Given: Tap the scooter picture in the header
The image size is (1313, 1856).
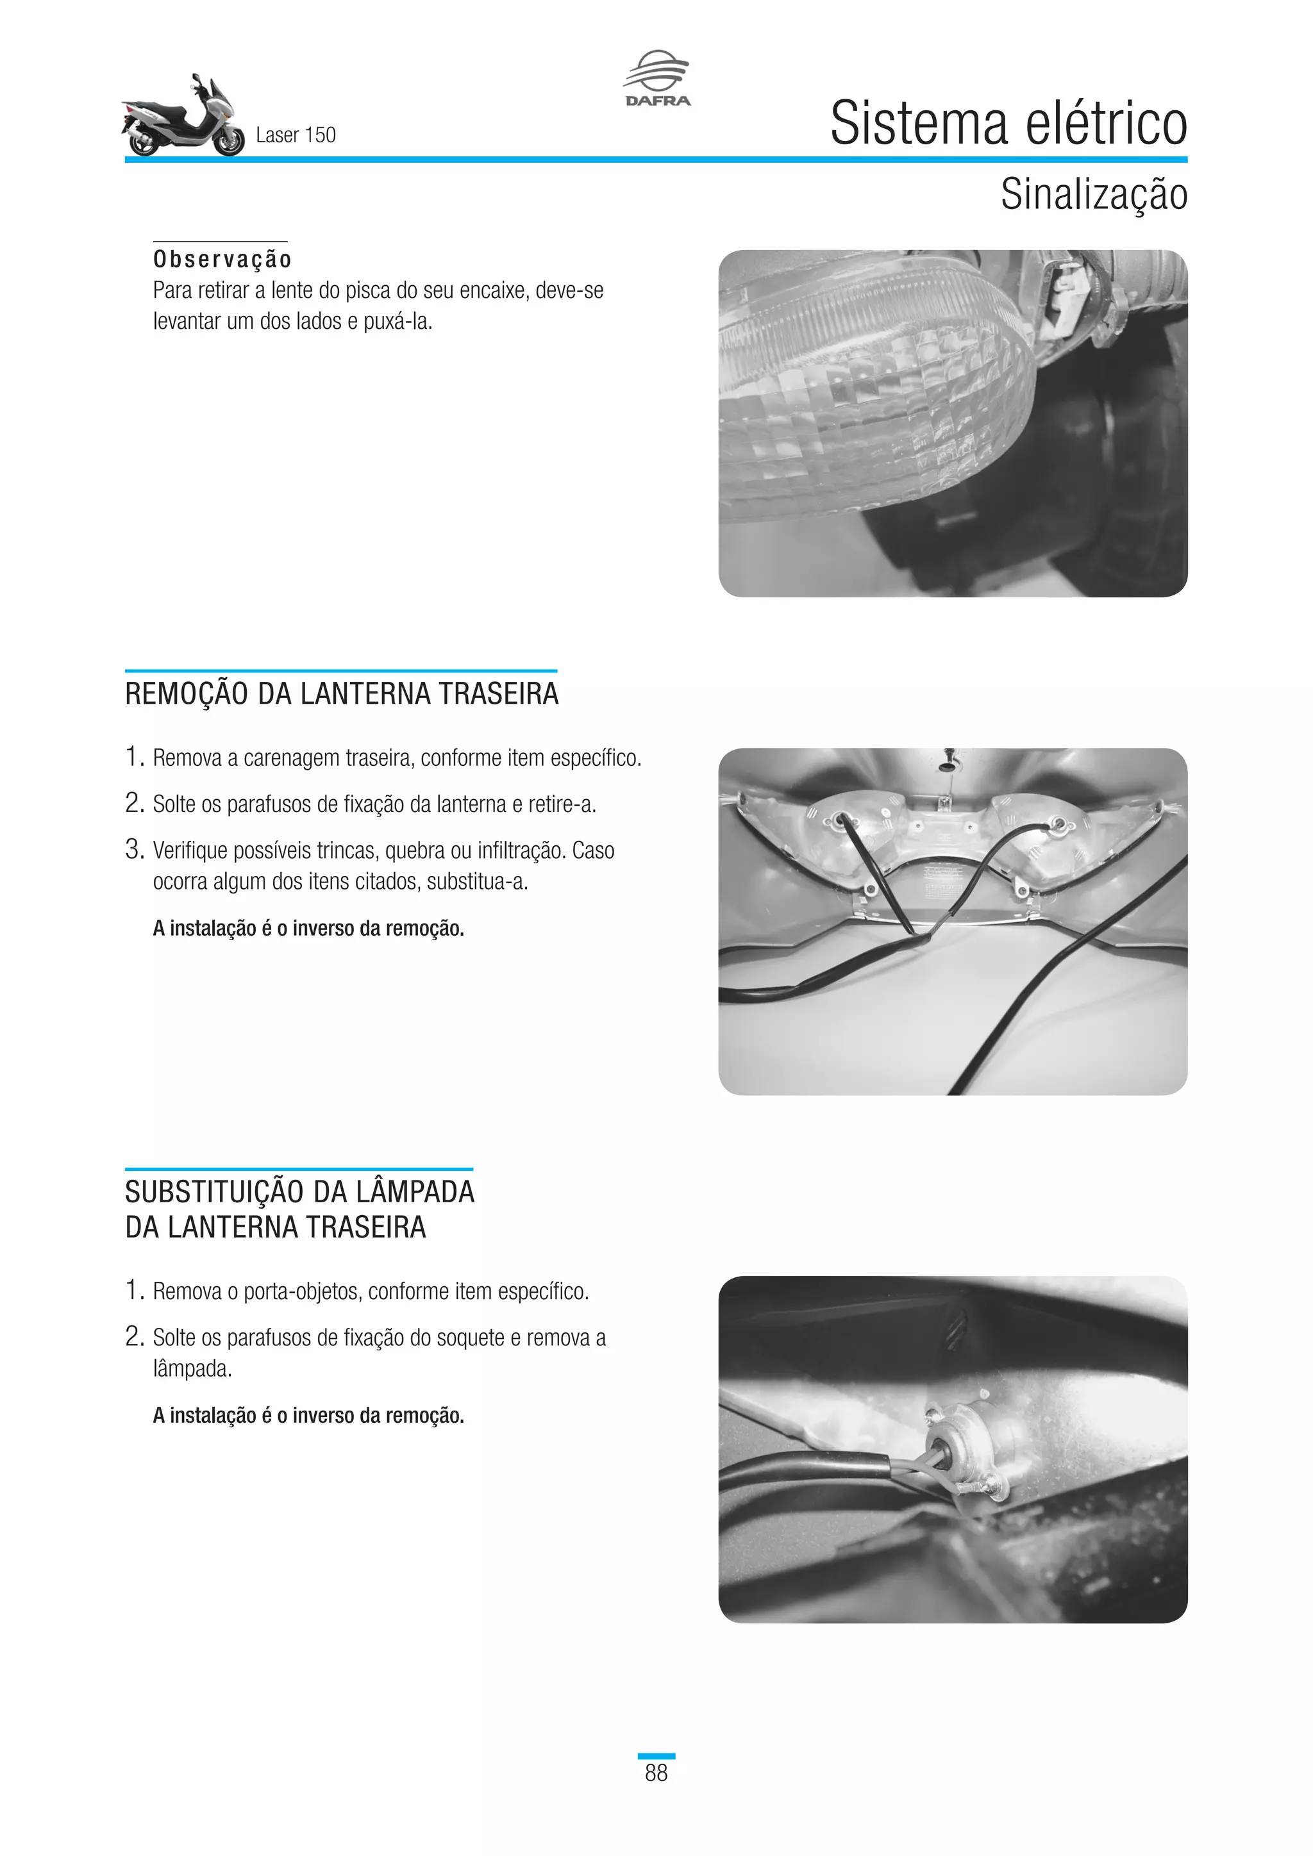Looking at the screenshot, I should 183,117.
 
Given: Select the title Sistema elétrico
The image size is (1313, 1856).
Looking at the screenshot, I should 1008,124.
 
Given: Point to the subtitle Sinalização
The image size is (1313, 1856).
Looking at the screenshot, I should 1093,195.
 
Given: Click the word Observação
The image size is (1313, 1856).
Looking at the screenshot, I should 222,260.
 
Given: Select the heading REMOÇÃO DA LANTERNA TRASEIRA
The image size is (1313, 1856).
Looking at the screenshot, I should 341,694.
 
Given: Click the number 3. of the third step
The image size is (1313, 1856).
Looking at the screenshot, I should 134,850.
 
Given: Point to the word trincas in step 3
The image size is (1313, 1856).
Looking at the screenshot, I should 346,850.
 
